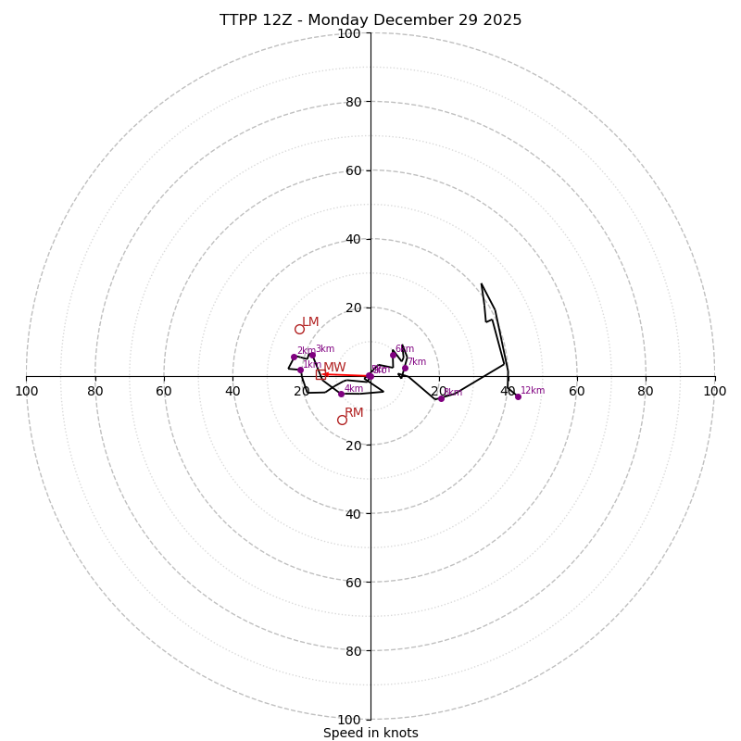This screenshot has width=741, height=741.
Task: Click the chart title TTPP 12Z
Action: (x=370, y=20)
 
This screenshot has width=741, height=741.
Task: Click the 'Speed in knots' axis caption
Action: (x=370, y=733)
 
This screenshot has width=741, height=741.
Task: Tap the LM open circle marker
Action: (x=299, y=329)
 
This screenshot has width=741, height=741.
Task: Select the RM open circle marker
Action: (x=342, y=420)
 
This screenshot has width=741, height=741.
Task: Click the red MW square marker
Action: (x=320, y=374)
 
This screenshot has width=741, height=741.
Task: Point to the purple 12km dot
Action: (x=518, y=396)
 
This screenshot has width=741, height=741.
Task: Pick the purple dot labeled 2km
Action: (x=294, y=357)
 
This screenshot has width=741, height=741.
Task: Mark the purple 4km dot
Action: (x=341, y=394)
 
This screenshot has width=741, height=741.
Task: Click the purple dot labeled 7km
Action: (x=405, y=368)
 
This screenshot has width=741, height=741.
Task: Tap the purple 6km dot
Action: (x=393, y=355)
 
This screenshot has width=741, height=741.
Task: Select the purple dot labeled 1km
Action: (x=300, y=370)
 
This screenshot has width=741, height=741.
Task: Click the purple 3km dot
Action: (x=312, y=355)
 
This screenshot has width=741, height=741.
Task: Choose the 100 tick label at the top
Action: (x=348, y=33)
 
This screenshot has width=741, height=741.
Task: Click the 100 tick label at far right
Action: (x=714, y=391)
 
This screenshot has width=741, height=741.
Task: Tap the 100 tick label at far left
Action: (x=26, y=391)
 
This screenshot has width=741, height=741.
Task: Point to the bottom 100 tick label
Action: (x=348, y=719)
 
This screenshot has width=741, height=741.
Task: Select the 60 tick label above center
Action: (x=352, y=170)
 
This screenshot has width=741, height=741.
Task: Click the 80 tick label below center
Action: (x=352, y=650)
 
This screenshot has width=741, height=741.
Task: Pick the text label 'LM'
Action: (x=310, y=322)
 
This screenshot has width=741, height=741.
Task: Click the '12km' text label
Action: (x=533, y=391)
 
